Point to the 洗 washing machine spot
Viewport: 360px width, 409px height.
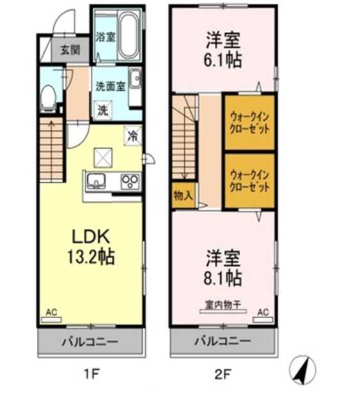102,111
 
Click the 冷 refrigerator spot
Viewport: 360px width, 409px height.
133,136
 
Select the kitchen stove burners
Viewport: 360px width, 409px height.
130,181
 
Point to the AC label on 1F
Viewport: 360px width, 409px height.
51,313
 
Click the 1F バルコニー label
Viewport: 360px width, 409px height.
90,342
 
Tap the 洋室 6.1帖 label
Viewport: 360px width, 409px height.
222,49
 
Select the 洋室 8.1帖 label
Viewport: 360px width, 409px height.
223,268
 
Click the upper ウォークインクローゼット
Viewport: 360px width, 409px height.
249,122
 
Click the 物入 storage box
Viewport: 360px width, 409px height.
184,196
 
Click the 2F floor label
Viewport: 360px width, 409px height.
222,373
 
